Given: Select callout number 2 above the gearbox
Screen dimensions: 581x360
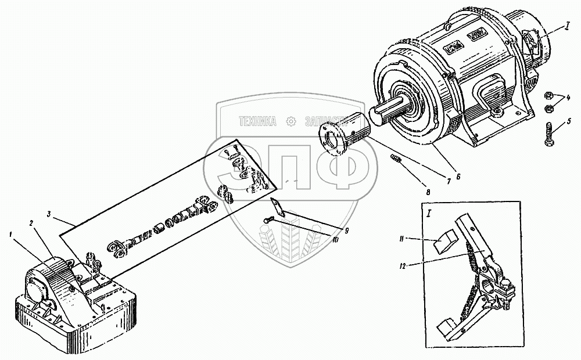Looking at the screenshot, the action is [32, 223].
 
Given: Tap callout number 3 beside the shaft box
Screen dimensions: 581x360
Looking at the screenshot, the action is [51, 215].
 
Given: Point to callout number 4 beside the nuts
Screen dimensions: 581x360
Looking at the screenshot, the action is [568, 98].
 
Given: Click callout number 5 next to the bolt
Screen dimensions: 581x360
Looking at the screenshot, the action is [569, 121].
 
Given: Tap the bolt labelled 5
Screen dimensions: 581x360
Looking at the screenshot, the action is [549, 135].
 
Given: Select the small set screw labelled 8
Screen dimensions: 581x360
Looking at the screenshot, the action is [396, 159].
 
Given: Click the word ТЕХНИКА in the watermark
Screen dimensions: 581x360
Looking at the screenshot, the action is [258, 122].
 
